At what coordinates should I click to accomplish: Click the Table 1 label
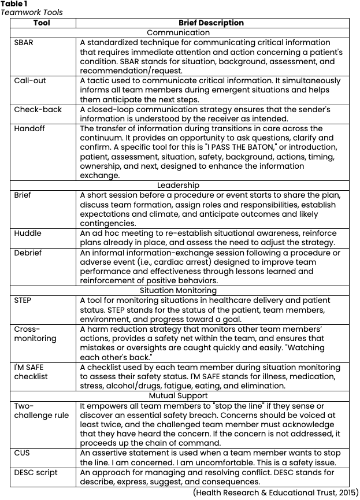click(x=14, y=3)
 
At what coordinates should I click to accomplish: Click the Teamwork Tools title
click(x=32, y=12)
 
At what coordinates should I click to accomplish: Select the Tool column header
click(x=42, y=23)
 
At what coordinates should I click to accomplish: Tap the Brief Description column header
click(x=211, y=23)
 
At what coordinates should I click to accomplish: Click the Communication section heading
click(x=178, y=33)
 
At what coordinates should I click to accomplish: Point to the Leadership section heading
click(x=178, y=186)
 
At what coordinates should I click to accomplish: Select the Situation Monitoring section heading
click(x=178, y=291)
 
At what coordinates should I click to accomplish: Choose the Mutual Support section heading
click(x=178, y=396)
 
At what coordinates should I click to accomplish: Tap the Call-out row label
click(x=30, y=81)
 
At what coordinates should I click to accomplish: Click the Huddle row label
click(x=28, y=234)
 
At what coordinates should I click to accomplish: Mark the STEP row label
click(x=23, y=301)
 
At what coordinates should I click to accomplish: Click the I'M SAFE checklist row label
click(x=31, y=372)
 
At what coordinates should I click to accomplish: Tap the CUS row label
click(x=22, y=453)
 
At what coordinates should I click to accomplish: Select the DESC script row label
click(x=36, y=472)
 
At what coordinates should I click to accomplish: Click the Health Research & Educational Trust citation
click(x=275, y=492)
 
